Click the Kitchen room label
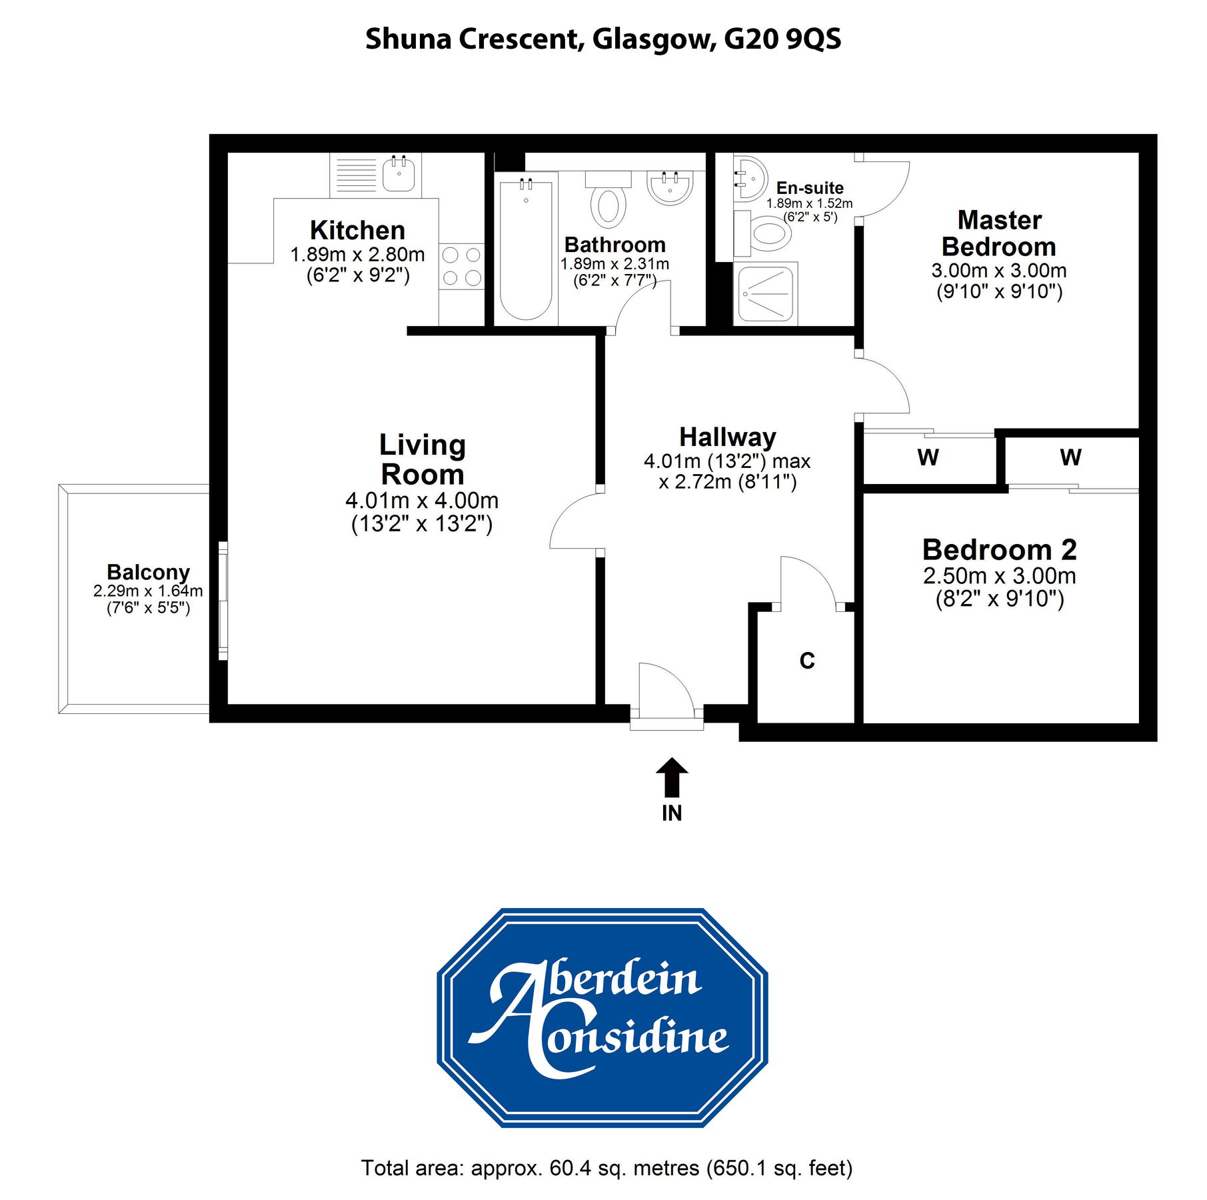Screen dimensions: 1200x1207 pyautogui.click(x=357, y=231)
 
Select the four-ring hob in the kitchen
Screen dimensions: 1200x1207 pyautogui.click(x=461, y=266)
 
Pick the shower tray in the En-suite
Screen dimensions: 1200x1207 pyautogui.click(x=765, y=293)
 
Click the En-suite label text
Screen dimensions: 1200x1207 pyautogui.click(x=809, y=188)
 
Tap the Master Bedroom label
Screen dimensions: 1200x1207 pyautogui.click(x=998, y=233)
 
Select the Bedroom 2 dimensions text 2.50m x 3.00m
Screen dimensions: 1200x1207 pyautogui.click(x=998, y=575)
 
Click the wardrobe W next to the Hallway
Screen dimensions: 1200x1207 pyautogui.click(x=928, y=457)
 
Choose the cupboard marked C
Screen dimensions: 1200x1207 pyautogui.click(x=806, y=661)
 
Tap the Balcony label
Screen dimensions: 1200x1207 pyautogui.click(x=148, y=572)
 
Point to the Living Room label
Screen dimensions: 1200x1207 pyautogui.click(x=422, y=459)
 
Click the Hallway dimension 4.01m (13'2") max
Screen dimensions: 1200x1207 pyautogui.click(x=726, y=461)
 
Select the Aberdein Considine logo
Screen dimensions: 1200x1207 pyautogui.click(x=603, y=1018)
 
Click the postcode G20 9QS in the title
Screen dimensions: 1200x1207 pyautogui.click(x=782, y=39)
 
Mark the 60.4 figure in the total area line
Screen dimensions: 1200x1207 pyautogui.click(x=570, y=1168)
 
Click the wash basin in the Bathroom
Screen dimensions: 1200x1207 pyautogui.click(x=670, y=187)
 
